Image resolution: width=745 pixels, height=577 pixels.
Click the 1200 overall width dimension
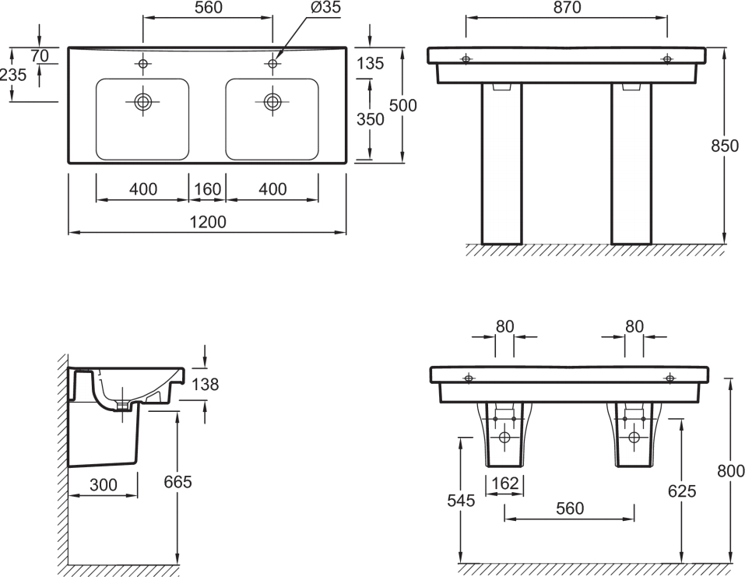pos(208,222)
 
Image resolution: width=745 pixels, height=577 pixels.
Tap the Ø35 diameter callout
pos(326,8)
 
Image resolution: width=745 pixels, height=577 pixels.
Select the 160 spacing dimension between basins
pos(208,189)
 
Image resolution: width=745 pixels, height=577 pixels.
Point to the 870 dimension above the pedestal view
pos(568,8)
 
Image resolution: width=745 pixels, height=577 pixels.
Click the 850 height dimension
pos(725,146)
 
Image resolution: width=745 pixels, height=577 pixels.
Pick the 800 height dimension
pos(731,471)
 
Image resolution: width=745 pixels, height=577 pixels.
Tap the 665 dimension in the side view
pos(177,482)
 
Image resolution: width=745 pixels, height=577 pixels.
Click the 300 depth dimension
pos(103,485)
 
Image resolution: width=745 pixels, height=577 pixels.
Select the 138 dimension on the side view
pos(206,384)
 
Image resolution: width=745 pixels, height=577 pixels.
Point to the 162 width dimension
pos(505,484)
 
